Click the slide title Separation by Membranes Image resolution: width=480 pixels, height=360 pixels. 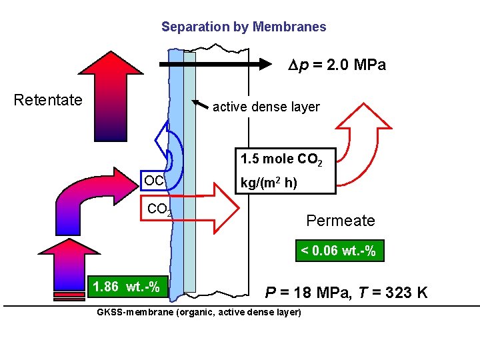[243, 27]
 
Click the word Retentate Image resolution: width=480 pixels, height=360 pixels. [48, 100]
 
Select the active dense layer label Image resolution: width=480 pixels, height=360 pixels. [266, 107]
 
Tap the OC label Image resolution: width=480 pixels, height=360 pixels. [154, 181]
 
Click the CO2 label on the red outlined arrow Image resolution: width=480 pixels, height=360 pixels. [159, 209]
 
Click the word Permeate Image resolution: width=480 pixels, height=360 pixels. [341, 221]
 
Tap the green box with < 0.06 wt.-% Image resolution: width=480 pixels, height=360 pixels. [338, 251]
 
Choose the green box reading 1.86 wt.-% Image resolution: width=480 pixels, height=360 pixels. [126, 287]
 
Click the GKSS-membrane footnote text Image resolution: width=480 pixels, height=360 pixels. [199, 313]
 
